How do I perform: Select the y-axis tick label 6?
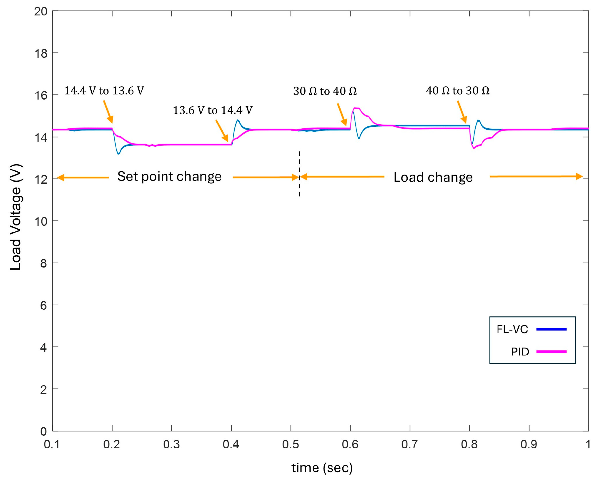coord(43,306)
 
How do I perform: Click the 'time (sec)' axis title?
coord(322,468)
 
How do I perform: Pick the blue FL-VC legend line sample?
coord(551,329)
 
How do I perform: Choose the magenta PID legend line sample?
coord(551,352)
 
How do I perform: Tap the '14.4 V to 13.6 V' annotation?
coord(104,91)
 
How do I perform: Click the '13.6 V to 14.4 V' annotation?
coord(213,110)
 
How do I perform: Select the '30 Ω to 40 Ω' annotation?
coord(325,91)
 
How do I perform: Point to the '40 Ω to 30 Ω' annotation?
coord(458,91)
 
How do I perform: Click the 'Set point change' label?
coord(169,176)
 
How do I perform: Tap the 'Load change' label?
coord(433,177)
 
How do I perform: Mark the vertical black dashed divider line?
coord(299,174)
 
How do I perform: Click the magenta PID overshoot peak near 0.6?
coord(356,108)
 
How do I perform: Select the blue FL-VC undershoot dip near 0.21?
coord(118,154)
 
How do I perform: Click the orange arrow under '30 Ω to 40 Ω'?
coord(342,115)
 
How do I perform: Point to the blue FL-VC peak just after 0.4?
coord(238,120)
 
